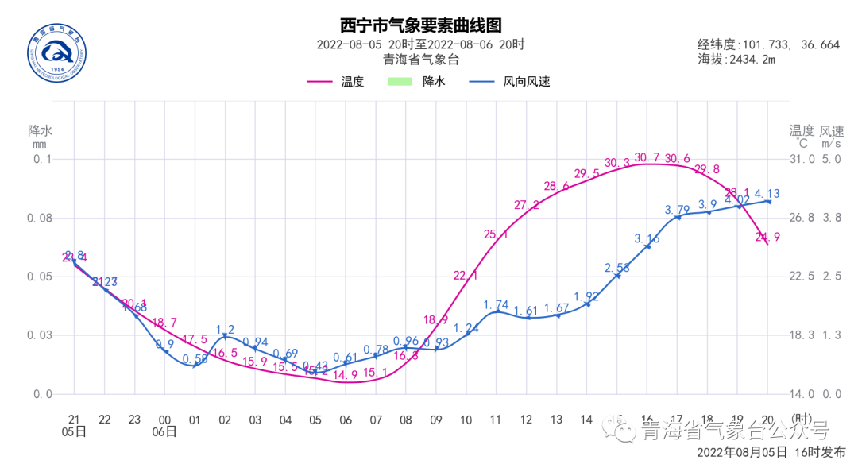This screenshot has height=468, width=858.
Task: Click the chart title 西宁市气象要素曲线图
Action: click(x=420, y=26)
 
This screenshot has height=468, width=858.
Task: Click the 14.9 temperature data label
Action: click(x=345, y=375)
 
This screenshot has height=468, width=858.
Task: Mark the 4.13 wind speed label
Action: click(x=767, y=193)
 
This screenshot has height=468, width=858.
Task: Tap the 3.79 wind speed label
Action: click(x=678, y=210)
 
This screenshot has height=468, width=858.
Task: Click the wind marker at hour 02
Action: click(x=225, y=337)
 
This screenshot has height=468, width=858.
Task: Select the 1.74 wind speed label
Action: click(x=496, y=304)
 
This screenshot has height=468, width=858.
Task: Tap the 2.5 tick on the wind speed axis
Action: click(x=831, y=277)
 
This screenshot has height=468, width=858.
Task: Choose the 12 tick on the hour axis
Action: click(x=526, y=419)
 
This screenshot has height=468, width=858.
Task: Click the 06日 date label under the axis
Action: click(x=165, y=432)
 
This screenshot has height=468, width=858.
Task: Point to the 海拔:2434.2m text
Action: click(x=736, y=60)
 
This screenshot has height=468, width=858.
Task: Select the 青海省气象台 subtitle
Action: click(x=420, y=60)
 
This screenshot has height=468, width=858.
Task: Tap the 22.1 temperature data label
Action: click(x=466, y=276)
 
